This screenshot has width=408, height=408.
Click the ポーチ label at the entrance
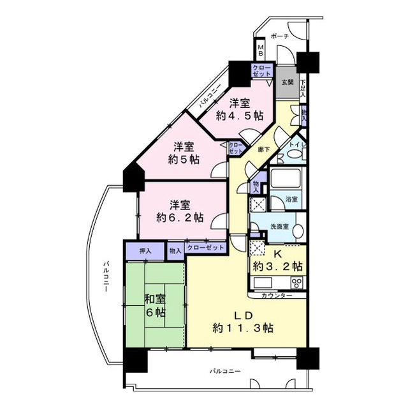click(280, 36)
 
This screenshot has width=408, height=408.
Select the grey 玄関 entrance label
click(287, 82)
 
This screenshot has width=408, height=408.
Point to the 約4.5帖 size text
click(240, 116)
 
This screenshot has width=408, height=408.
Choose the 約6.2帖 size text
click(180, 217)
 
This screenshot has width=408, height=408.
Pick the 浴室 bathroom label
click(291, 200)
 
